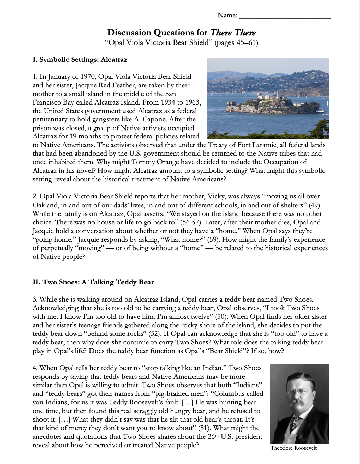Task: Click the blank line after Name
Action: pyautogui.click(x=285, y=16)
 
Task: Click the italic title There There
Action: pyautogui.click(x=233, y=33)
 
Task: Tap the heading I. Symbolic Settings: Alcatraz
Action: pyautogui.click(x=80, y=59)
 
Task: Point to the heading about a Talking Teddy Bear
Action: pyautogui.click(x=93, y=282)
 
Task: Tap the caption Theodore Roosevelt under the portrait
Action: pyautogui.click(x=293, y=448)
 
